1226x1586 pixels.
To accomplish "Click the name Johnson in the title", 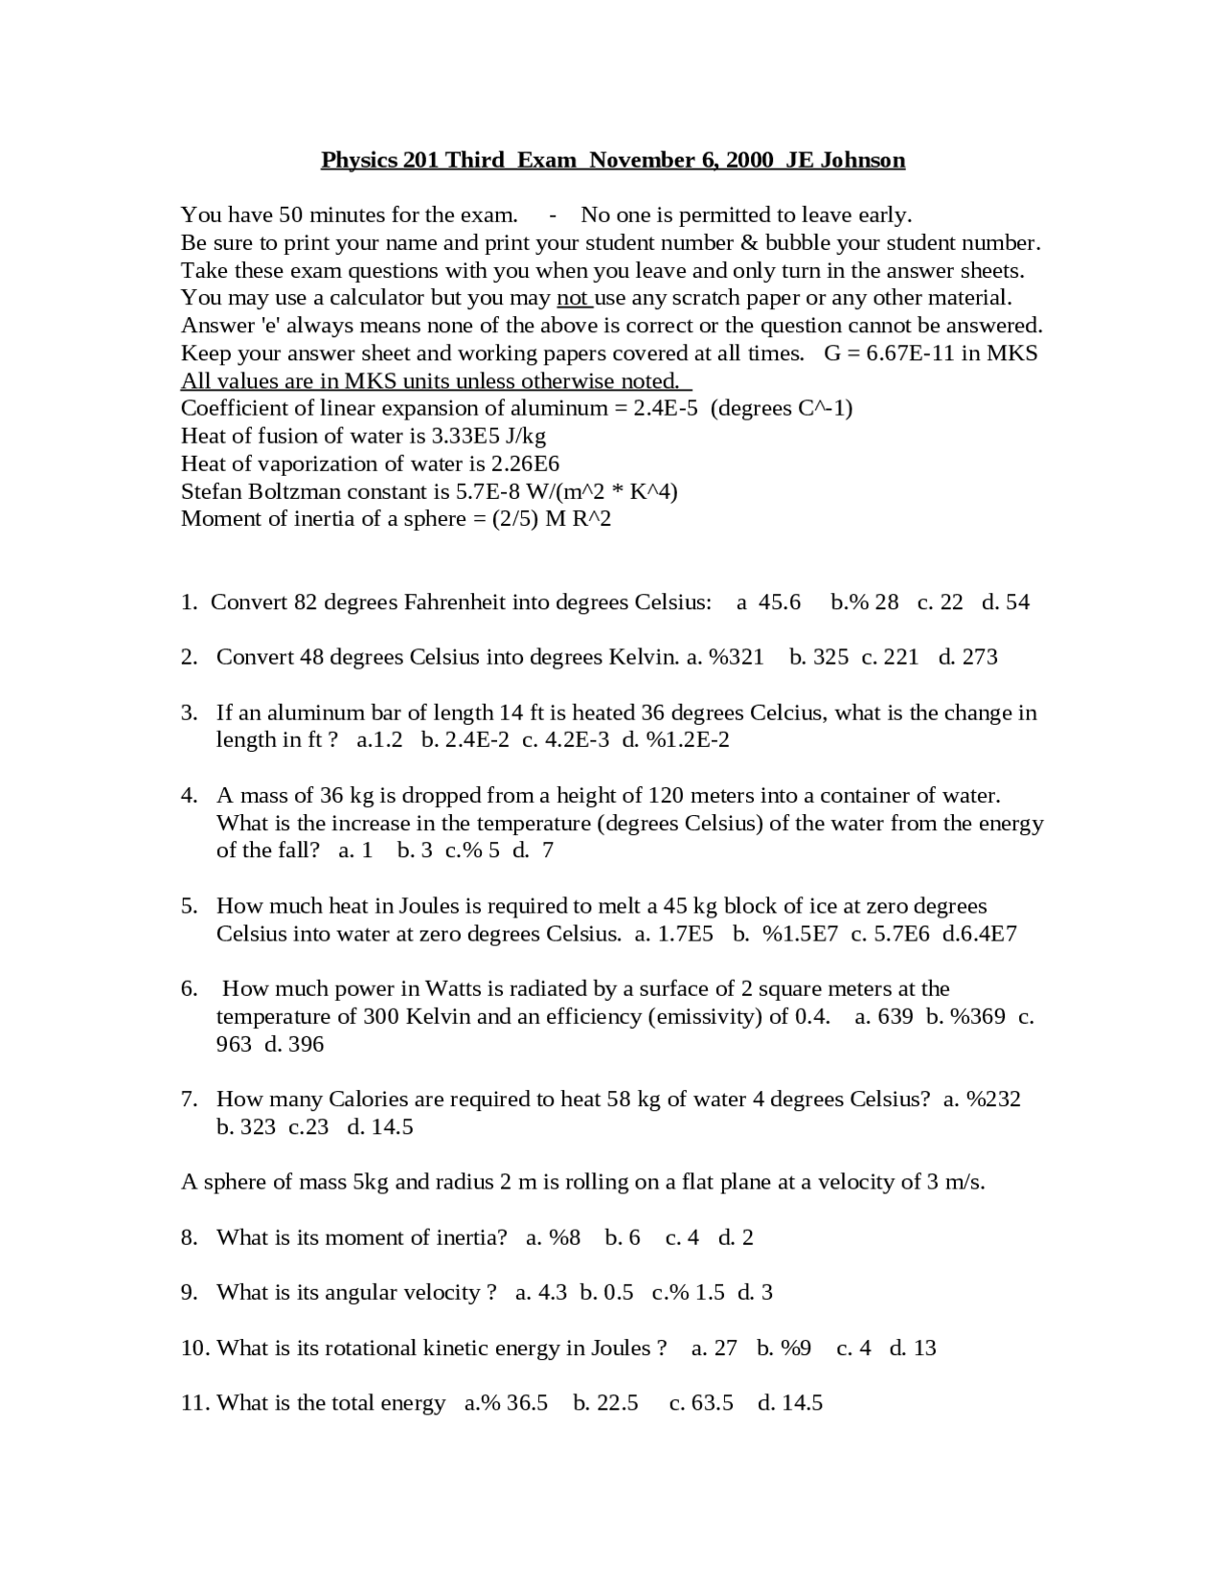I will (x=861, y=160).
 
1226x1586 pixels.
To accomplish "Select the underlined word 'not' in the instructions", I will (x=573, y=298).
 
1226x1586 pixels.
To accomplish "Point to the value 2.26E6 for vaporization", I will (x=525, y=464).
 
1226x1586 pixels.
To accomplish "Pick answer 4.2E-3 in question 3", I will (x=575, y=739).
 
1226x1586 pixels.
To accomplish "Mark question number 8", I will (x=189, y=1237).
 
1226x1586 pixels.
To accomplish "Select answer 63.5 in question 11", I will (x=712, y=1403).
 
